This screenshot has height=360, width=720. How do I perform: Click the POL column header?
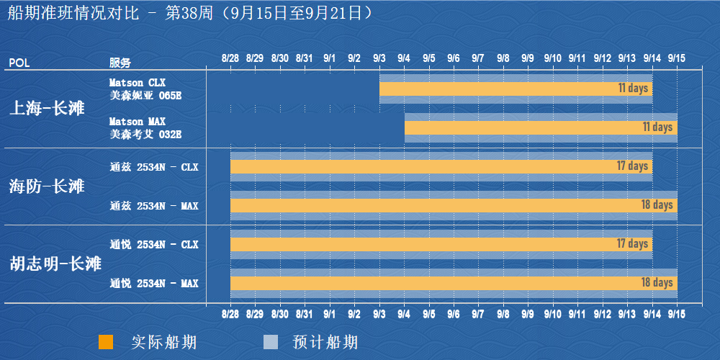click(x=19, y=63)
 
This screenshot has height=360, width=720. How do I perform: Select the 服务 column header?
click(x=120, y=63)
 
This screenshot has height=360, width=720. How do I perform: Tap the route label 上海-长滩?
click(x=47, y=109)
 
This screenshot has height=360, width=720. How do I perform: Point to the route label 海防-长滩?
click(x=47, y=186)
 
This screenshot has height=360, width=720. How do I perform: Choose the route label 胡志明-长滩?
click(x=55, y=264)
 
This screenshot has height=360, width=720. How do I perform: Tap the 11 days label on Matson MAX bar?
click(x=657, y=127)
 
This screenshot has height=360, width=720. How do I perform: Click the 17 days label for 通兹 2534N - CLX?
click(x=632, y=166)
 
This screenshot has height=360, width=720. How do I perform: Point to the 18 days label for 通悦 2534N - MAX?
click(x=657, y=283)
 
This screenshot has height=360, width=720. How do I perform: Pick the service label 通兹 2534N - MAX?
click(x=154, y=206)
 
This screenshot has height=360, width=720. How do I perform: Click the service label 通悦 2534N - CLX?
click(x=154, y=245)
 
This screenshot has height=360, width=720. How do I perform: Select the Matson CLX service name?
click(x=138, y=83)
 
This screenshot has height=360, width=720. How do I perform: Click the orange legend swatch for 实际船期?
click(x=106, y=342)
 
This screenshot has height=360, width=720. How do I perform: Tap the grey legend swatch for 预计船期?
click(x=270, y=342)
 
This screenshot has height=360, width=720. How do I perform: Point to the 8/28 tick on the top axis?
click(x=230, y=58)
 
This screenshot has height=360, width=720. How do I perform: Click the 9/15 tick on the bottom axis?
click(x=677, y=315)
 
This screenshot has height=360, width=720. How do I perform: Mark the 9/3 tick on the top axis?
click(x=379, y=58)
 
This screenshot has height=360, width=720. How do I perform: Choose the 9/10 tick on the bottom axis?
click(x=553, y=315)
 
